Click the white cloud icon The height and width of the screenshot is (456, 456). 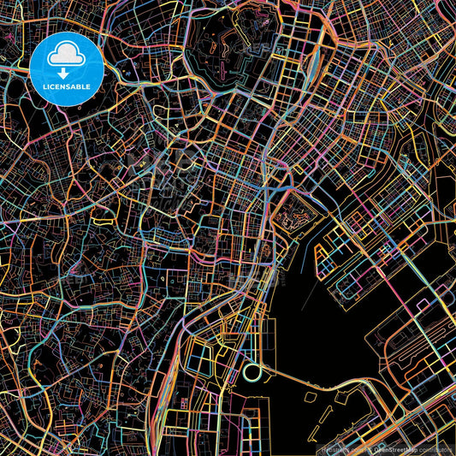[x=67, y=56]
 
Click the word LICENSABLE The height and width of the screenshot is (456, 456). [x=67, y=86]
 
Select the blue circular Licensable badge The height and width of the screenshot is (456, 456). [x=67, y=69]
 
